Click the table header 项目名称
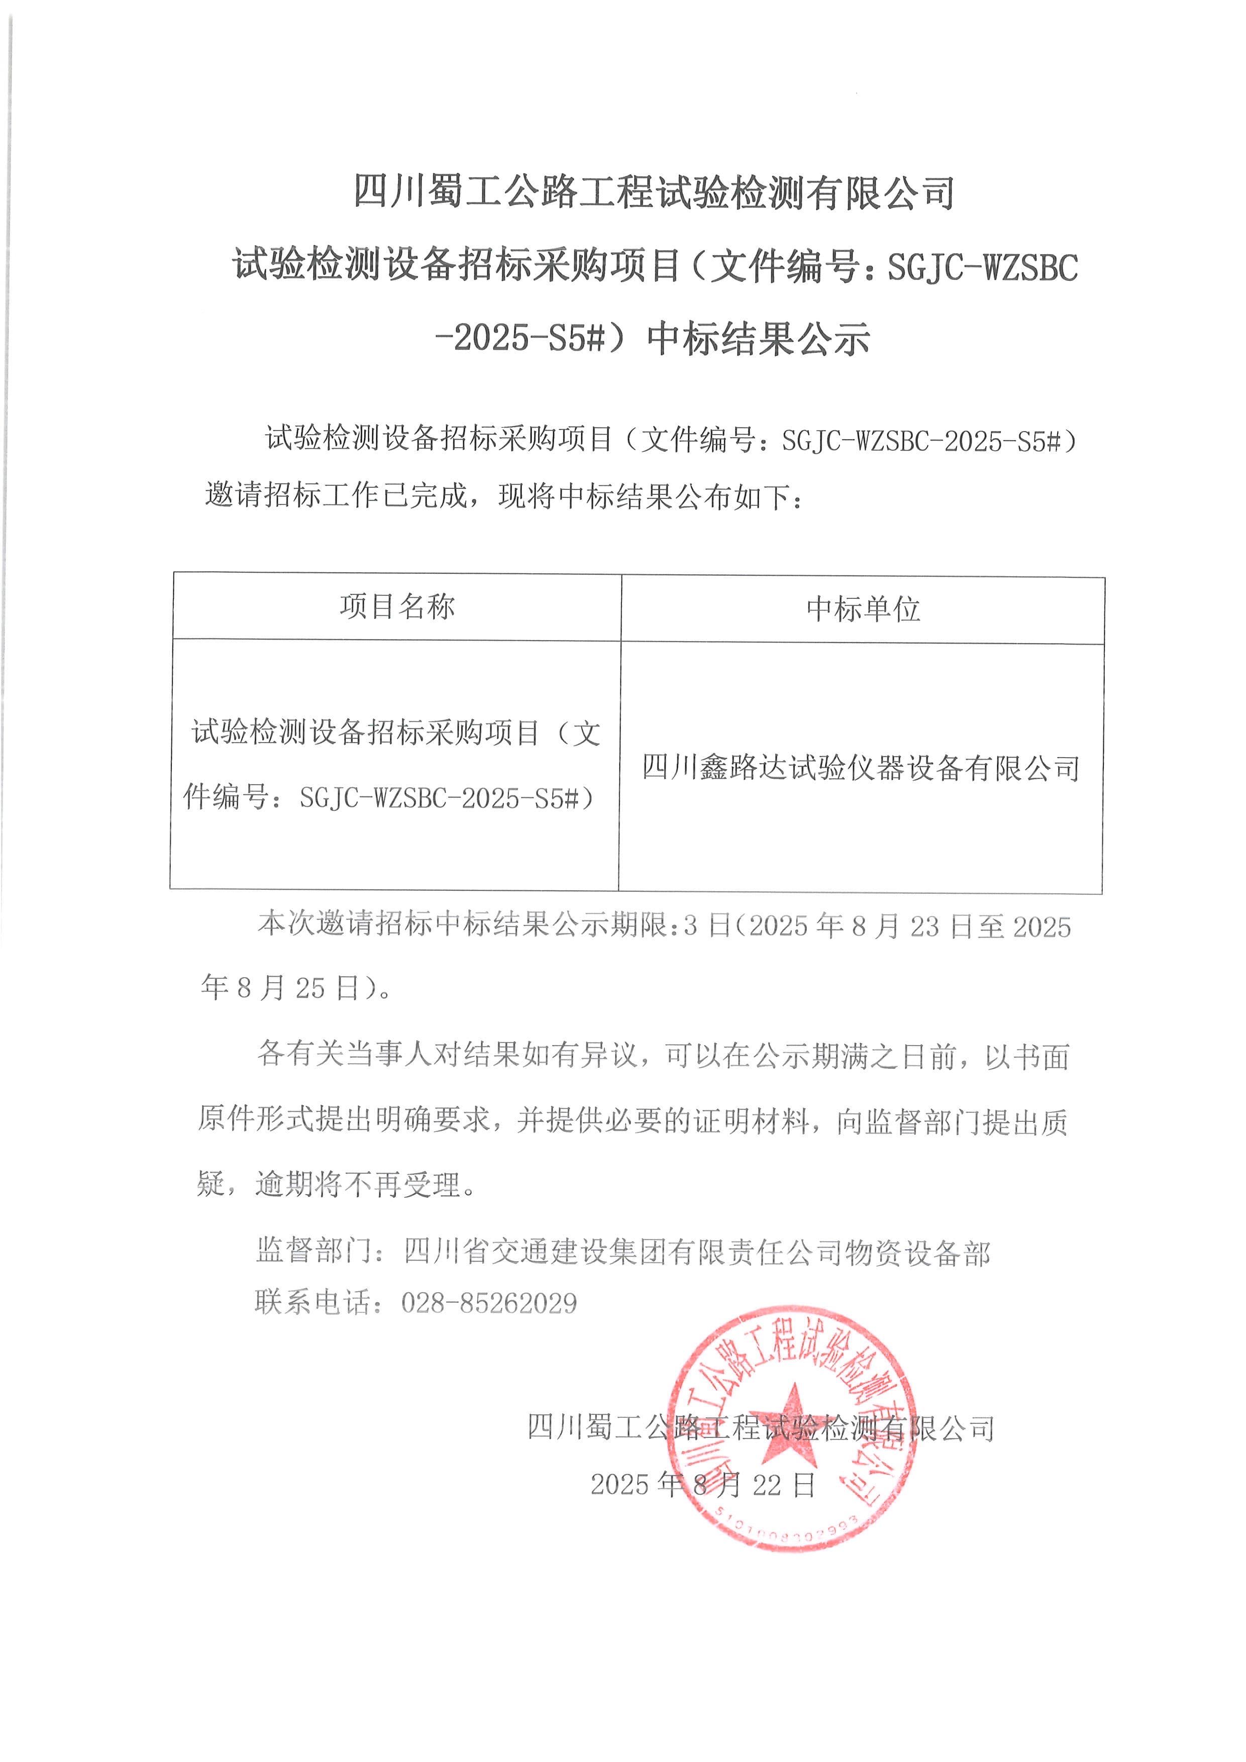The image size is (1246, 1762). click(397, 607)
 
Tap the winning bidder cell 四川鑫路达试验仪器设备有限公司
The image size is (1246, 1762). click(861, 767)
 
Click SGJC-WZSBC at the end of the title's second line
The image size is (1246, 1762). click(983, 267)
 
